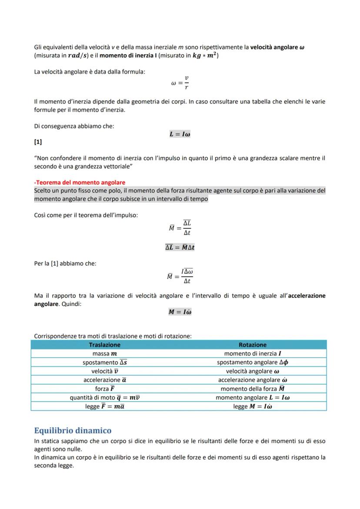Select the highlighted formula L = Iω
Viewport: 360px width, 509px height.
(180, 134)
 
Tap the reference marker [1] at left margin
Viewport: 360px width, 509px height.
(38, 142)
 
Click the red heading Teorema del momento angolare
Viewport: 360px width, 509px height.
(80, 183)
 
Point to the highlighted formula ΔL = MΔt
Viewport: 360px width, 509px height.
(180, 247)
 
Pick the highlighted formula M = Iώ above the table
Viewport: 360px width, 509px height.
(180, 312)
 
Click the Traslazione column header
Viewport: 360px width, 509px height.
(104, 345)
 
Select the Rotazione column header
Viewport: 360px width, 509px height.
(253, 345)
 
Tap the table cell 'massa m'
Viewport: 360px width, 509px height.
(104, 353)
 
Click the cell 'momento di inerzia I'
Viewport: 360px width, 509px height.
(253, 353)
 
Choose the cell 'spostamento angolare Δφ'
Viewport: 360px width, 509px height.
(253, 362)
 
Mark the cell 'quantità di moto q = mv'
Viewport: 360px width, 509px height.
(104, 397)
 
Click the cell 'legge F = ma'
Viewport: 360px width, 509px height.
(104, 406)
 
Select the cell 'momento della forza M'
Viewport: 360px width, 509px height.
(253, 389)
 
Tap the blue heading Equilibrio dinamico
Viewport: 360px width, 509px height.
(73, 431)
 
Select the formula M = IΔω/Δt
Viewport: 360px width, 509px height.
(180, 276)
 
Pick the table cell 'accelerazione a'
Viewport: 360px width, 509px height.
(104, 379)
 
